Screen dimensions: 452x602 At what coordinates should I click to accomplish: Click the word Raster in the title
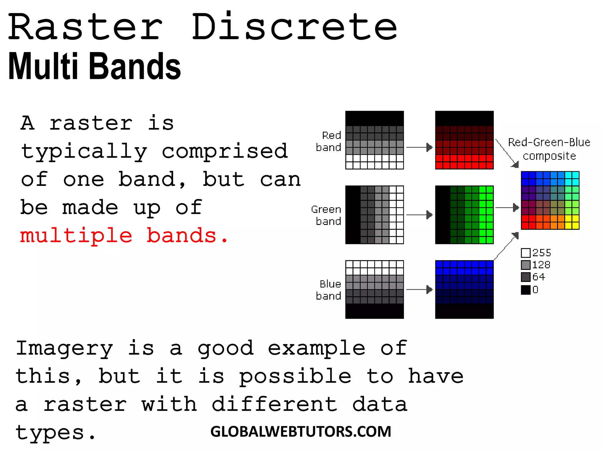85,27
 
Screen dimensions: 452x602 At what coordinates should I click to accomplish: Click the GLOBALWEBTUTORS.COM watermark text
301,432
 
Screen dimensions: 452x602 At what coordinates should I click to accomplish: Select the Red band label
329,141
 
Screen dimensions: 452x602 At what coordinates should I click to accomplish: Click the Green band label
327,215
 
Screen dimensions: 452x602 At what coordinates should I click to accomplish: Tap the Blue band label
329,290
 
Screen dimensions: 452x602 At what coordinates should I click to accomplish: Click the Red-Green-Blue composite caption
549,149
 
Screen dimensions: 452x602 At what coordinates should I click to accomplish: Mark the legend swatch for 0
526,290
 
